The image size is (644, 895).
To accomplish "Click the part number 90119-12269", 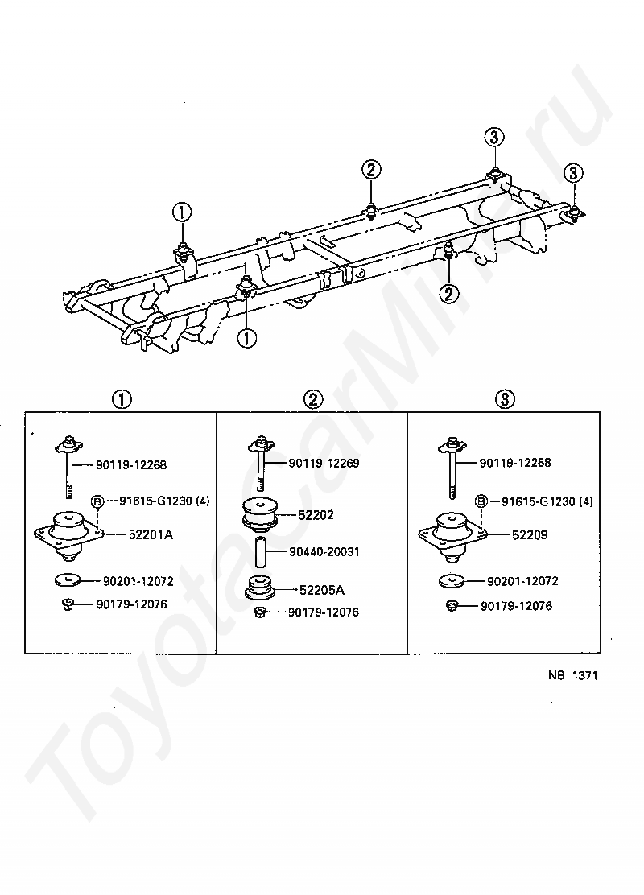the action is tap(324, 463).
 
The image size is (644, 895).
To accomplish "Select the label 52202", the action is tap(316, 515).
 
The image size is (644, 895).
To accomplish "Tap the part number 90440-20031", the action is tap(324, 552).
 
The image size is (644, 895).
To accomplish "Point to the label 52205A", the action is tap(322, 590).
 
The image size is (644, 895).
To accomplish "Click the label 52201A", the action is tap(151, 535).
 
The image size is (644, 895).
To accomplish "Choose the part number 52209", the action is tap(530, 535).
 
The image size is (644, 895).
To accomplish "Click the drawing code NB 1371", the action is tap(572, 675).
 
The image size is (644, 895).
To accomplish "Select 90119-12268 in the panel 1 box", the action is tap(131, 464).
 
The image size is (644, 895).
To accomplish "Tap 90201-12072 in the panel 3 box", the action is tap(522, 581).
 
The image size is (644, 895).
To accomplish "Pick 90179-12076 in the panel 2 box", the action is tap(323, 612).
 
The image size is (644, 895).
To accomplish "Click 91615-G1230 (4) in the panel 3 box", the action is tap(547, 501).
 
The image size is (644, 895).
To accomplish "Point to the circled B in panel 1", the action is tap(97, 501).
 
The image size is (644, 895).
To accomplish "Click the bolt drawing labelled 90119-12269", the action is tap(262, 463).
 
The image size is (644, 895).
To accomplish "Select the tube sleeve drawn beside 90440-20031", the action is tap(261, 552).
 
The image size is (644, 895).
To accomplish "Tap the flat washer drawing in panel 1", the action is tap(68, 580).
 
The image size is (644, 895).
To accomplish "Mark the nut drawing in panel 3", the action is tap(452, 605).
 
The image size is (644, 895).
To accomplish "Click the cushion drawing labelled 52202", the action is tap(260, 513).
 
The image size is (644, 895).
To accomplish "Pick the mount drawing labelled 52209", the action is tap(452, 535).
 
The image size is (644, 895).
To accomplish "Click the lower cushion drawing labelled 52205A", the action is tap(261, 590).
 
